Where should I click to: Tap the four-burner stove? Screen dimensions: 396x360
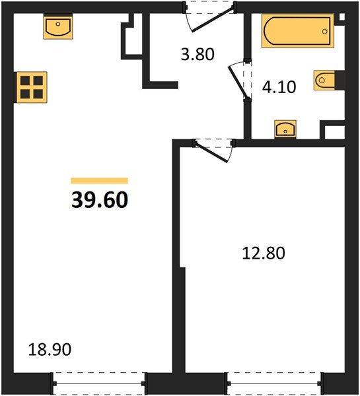pos(31,86)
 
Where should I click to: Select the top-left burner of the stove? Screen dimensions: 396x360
pos(25,81)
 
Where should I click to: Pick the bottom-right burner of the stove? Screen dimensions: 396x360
pos(37,93)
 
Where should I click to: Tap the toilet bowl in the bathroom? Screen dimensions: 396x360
pos(324,81)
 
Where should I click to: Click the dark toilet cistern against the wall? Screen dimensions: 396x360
pos(340,81)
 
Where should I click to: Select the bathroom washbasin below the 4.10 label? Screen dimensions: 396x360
pos(285,127)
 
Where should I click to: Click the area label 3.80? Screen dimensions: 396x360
pos(198,55)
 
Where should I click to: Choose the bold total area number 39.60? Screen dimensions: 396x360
pos(99,199)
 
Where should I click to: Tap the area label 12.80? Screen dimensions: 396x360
pos(262,252)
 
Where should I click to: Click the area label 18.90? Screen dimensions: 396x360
pos(50,348)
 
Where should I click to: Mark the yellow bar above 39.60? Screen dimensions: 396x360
pos(99,180)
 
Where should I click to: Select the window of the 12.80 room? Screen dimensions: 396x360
pos(274,382)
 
